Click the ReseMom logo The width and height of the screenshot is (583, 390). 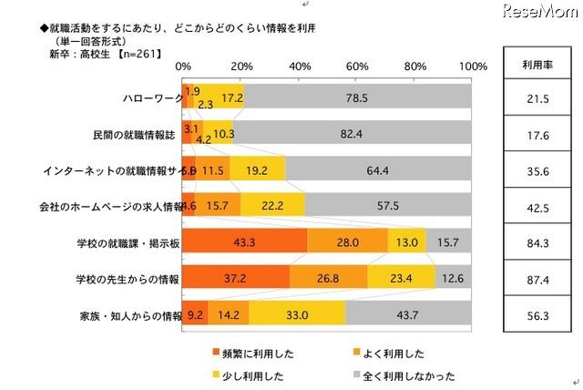pyautogui.click(x=538, y=15)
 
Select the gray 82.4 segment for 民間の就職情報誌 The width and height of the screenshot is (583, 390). pyautogui.click(x=353, y=132)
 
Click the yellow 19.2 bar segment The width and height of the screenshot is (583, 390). pyautogui.click(x=257, y=169)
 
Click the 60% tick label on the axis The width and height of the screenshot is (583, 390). pyautogui.click(x=358, y=67)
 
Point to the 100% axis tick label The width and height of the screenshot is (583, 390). pyautogui.click(x=474, y=67)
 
